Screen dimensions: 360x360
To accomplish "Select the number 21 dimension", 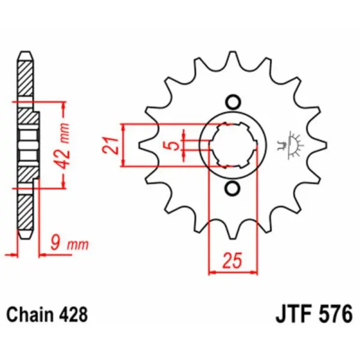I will (109, 145).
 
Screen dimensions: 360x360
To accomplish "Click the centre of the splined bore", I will (234, 145).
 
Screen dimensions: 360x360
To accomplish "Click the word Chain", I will (29, 314).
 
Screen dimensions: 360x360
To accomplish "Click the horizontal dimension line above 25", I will (233, 272).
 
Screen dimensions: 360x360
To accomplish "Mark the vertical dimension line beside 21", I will (123, 145).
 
